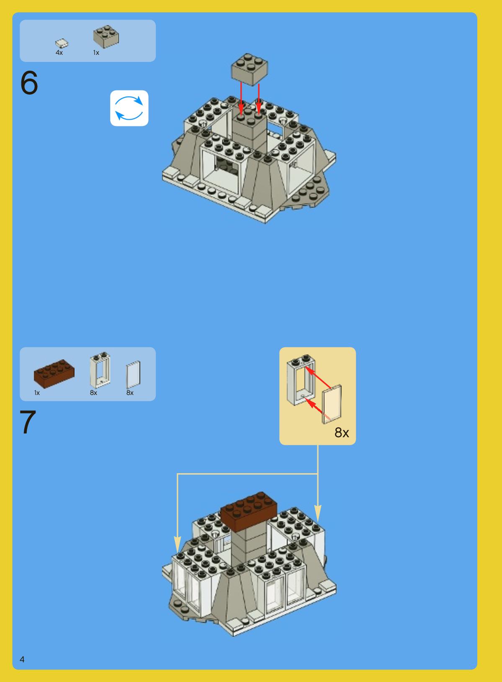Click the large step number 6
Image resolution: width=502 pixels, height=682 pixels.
click(29, 82)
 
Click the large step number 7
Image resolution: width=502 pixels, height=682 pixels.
click(28, 422)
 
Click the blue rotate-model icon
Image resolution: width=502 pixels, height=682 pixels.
click(129, 108)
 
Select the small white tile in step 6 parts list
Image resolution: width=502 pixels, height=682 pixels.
click(62, 43)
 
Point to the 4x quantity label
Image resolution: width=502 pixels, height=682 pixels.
click(59, 53)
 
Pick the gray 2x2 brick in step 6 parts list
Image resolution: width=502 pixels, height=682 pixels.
click(106, 36)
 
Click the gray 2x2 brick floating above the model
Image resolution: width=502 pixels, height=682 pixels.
click(250, 69)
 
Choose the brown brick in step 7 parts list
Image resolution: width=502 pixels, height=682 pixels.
click(54, 374)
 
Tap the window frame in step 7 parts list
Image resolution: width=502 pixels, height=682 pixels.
click(100, 370)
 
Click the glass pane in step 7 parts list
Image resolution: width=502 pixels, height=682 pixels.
click(134, 375)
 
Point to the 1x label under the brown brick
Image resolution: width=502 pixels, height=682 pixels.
click(37, 393)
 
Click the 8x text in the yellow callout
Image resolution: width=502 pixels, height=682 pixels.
click(342, 432)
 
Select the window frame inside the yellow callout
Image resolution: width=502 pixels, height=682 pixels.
click(300, 380)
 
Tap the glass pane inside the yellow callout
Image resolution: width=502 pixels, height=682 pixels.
click(332, 404)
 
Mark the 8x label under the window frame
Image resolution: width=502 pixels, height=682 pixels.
click(93, 393)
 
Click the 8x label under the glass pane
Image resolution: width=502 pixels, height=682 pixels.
click(130, 393)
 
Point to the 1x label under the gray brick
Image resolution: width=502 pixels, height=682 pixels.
click(96, 53)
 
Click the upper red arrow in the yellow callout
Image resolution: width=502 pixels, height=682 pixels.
click(318, 377)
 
